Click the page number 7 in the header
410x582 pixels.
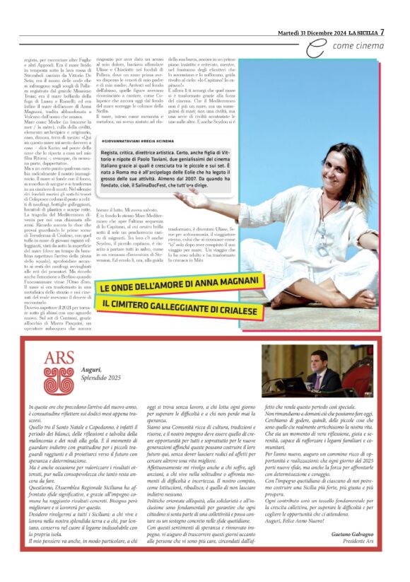(382, 31)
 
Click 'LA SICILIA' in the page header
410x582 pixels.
(358, 31)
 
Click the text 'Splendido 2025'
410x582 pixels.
(102, 378)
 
